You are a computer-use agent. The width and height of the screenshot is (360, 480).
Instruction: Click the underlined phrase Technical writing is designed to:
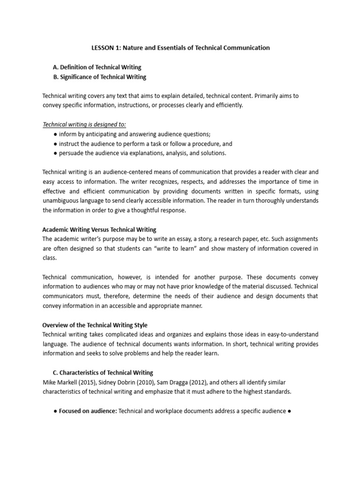[84, 124]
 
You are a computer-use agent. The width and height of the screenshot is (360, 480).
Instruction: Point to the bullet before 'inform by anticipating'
[55, 134]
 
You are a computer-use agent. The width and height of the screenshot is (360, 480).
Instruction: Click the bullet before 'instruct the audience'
[55, 144]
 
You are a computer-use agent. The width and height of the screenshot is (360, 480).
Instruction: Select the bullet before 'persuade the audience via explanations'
[55, 153]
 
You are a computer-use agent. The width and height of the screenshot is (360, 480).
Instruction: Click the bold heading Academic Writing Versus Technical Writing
[99, 230]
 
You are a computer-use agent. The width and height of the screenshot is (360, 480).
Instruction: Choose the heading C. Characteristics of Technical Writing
[103, 373]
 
